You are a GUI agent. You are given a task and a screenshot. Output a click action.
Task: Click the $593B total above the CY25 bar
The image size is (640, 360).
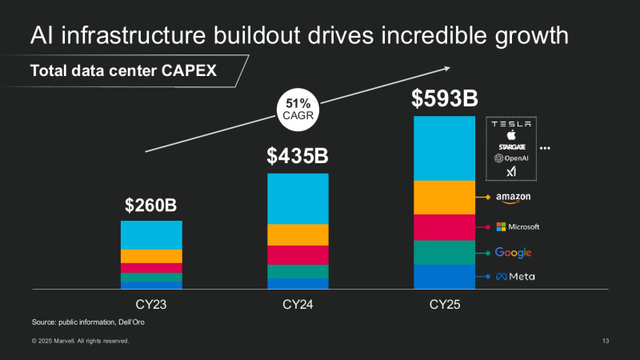[444, 99]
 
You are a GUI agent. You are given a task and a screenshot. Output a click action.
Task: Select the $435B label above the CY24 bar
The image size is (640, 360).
[298, 157]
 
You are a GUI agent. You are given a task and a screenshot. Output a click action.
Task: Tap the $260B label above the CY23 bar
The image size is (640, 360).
[150, 206]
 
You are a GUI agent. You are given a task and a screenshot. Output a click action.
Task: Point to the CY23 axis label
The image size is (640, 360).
[150, 305]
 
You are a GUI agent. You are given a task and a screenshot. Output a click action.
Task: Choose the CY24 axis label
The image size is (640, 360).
[298, 305]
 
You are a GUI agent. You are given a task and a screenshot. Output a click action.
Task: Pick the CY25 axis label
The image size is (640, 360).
[444, 305]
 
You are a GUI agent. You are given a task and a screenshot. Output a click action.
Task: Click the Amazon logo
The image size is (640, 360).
[513, 197]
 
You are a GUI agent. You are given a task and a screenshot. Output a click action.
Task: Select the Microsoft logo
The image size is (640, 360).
[518, 226]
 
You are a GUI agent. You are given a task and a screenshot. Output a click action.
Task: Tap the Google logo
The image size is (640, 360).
[513, 253]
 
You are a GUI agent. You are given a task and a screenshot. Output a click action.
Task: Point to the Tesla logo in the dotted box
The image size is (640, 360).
[511, 124]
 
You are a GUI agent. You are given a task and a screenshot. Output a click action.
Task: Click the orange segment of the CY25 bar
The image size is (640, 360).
[444, 198]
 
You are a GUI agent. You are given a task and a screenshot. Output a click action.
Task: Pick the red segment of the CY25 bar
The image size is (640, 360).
[444, 228]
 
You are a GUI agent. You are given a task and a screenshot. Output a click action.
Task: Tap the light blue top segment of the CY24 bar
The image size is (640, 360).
[298, 198]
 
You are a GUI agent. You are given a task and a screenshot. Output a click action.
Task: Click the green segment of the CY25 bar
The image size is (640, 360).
[444, 253]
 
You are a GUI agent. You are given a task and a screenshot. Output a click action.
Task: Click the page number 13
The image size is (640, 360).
[606, 342]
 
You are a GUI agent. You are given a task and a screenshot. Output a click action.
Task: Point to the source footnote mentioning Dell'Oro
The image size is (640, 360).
[88, 322]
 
